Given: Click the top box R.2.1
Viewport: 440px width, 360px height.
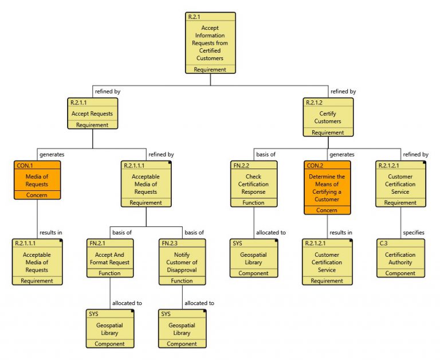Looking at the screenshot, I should (x=210, y=43).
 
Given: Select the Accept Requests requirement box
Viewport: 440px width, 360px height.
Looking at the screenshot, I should (x=92, y=113).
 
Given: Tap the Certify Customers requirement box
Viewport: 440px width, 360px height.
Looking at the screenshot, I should (x=328, y=117).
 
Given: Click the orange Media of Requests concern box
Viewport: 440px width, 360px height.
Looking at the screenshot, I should (x=37, y=180).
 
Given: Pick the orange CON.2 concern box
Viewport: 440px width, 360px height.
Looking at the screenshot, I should (x=327, y=187).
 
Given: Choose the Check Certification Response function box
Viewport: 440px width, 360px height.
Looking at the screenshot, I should (x=253, y=183).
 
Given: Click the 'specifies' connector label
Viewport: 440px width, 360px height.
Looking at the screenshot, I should (x=414, y=232).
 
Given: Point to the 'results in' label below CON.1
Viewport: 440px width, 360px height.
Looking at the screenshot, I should (x=51, y=232).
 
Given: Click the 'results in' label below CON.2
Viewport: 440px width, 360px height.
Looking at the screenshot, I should (x=341, y=232).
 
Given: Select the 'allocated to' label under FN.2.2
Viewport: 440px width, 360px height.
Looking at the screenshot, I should (x=271, y=232).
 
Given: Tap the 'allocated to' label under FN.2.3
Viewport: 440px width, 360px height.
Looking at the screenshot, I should (x=199, y=303).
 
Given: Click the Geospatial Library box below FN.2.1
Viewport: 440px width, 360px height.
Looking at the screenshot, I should (x=110, y=328).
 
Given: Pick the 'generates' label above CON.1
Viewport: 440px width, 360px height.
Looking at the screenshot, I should (x=52, y=154).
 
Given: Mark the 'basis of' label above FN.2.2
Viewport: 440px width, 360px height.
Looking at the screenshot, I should (x=266, y=154).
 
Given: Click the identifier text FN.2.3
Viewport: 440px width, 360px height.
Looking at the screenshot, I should (x=170, y=244).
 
